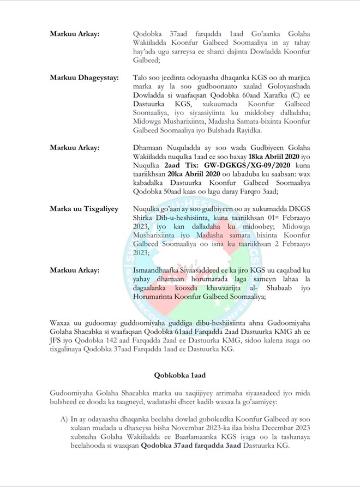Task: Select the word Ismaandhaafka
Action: [x=158, y=270]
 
